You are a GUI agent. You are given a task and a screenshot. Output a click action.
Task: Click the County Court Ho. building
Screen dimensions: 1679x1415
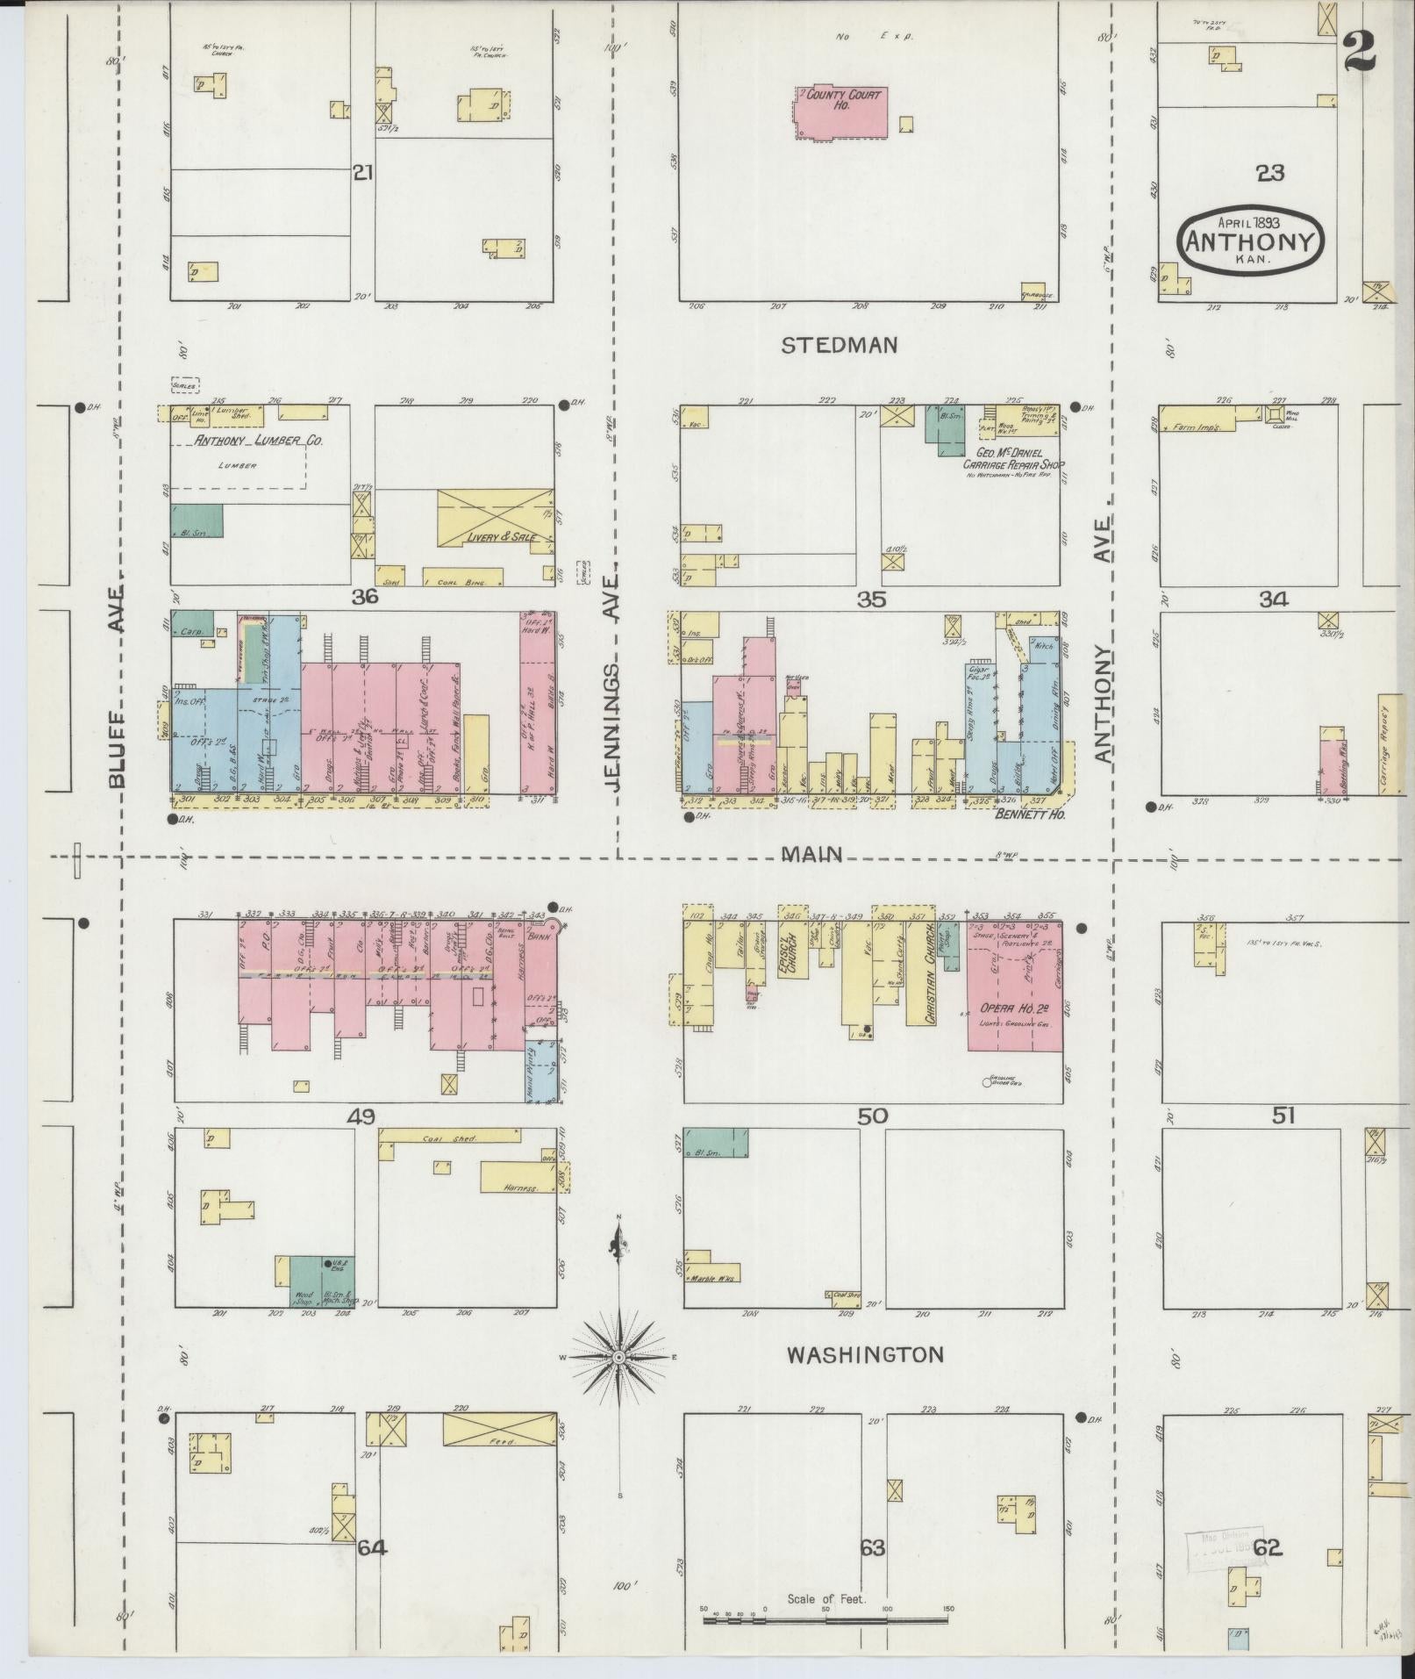pos(840,112)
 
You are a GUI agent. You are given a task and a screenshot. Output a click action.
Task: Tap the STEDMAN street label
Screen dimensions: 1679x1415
pos(840,345)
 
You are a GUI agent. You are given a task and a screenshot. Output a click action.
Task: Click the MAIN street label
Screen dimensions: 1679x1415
pos(813,854)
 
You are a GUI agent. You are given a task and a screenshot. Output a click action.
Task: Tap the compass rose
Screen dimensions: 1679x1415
pos(619,1357)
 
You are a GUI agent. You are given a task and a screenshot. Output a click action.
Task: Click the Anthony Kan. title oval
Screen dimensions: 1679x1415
pos(1250,240)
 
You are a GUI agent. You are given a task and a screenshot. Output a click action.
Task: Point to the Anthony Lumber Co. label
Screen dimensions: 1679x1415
pos(259,441)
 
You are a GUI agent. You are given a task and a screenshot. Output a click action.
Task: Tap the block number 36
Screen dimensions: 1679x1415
pos(364,597)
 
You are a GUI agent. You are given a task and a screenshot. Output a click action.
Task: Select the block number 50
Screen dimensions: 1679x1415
pos(872,1116)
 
